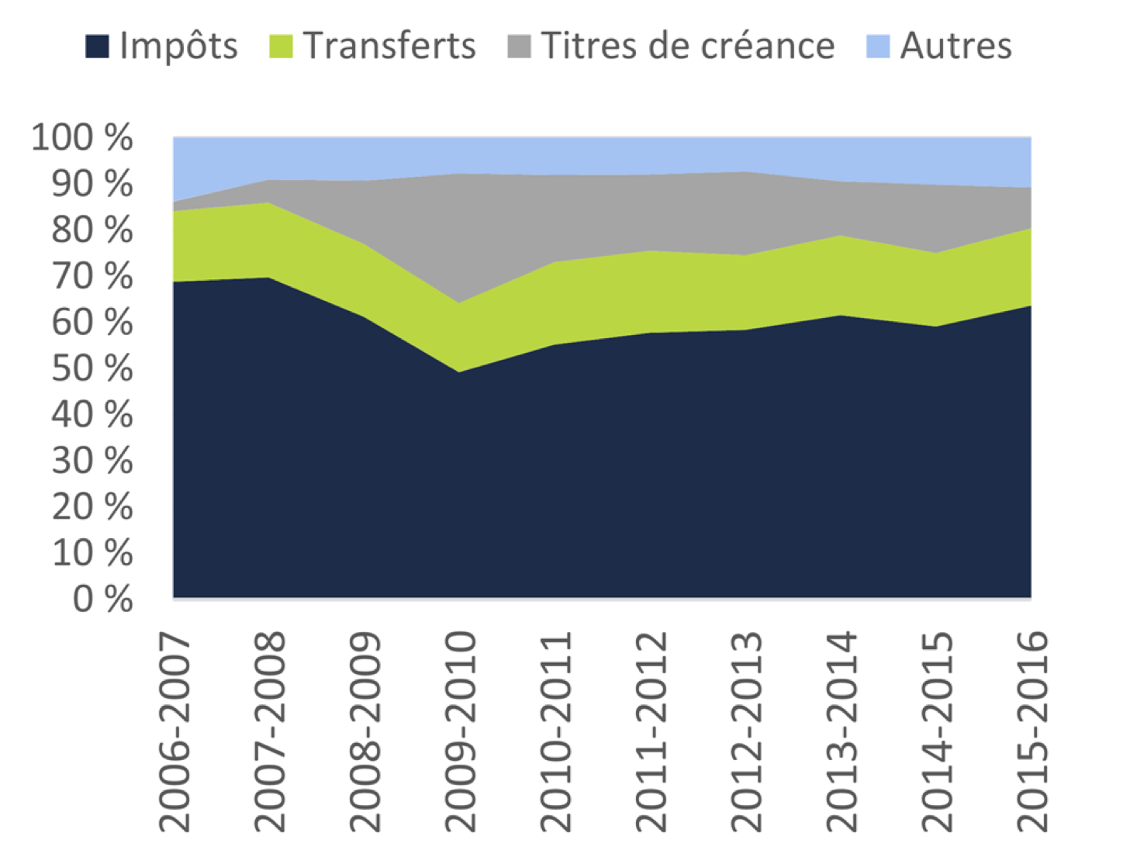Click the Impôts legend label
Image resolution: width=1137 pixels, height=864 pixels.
click(178, 46)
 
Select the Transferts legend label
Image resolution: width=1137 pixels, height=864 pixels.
click(389, 46)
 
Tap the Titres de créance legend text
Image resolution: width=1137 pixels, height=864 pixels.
click(687, 46)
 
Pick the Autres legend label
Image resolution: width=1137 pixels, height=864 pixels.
click(956, 46)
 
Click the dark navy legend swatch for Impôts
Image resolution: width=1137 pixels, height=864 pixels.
click(97, 47)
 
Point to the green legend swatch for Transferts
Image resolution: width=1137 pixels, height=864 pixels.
click(281, 47)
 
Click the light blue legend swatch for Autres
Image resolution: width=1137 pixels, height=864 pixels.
click(877, 47)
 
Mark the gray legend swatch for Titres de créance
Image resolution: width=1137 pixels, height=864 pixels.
click(519, 47)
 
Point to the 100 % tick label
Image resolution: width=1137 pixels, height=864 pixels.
click(82, 138)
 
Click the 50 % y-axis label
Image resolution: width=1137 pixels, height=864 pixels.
click(92, 369)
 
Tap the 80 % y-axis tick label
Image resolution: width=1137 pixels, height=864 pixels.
click(92, 230)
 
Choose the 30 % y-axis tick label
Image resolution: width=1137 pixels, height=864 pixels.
click(92, 461)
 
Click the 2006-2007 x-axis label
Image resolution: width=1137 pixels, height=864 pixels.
click(174, 731)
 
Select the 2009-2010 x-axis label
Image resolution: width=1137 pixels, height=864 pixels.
click(460, 731)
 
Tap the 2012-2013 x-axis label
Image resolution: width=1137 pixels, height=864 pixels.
click(746, 731)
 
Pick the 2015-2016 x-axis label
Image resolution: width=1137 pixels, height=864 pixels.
click(1032, 731)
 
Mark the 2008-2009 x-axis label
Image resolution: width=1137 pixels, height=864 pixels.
click(365, 731)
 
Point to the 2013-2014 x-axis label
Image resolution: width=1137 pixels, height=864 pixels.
click(842, 731)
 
